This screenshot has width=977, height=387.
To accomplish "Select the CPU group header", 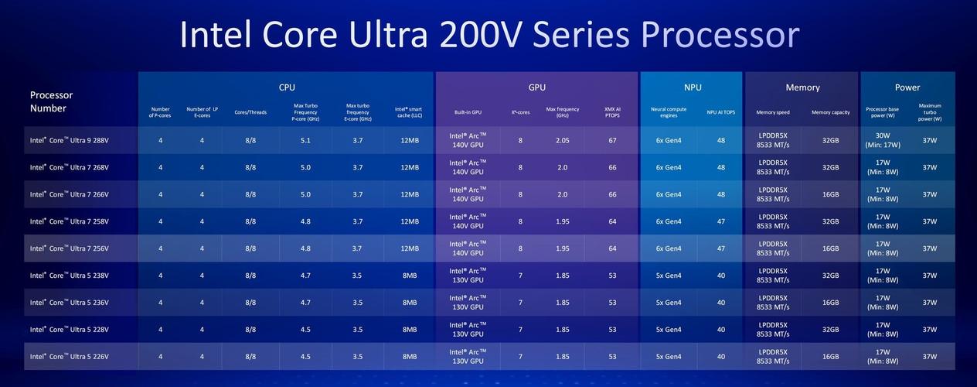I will click(x=287, y=87).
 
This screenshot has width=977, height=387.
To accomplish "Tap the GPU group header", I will click(x=537, y=87).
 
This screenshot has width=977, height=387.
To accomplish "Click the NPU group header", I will click(x=693, y=87).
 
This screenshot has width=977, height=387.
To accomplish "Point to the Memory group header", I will click(x=802, y=87).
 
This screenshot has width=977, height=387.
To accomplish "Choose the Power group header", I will click(x=907, y=87).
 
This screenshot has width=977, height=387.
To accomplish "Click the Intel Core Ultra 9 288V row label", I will click(x=70, y=140).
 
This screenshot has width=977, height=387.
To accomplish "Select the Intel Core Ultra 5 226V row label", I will click(x=70, y=357).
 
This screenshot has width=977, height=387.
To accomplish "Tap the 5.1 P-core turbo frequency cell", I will click(x=306, y=140).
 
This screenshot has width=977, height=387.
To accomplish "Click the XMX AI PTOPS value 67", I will click(x=612, y=140).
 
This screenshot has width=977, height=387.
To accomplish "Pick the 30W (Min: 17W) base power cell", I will click(x=883, y=140).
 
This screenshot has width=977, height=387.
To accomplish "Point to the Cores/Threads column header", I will click(x=250, y=112).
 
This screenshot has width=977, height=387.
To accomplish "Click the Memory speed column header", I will click(x=773, y=112).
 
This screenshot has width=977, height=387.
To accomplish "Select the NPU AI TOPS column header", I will click(x=721, y=112).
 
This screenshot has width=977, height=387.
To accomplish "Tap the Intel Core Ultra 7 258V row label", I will click(x=70, y=221).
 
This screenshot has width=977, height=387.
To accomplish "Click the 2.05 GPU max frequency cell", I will click(x=563, y=140).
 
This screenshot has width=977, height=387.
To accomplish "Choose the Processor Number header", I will click(x=51, y=101).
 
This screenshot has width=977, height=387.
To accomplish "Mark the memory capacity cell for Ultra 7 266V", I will click(x=831, y=194).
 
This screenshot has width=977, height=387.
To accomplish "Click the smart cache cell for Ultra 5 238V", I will click(x=410, y=276).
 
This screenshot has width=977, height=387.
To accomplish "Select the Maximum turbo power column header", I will click(x=930, y=112).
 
